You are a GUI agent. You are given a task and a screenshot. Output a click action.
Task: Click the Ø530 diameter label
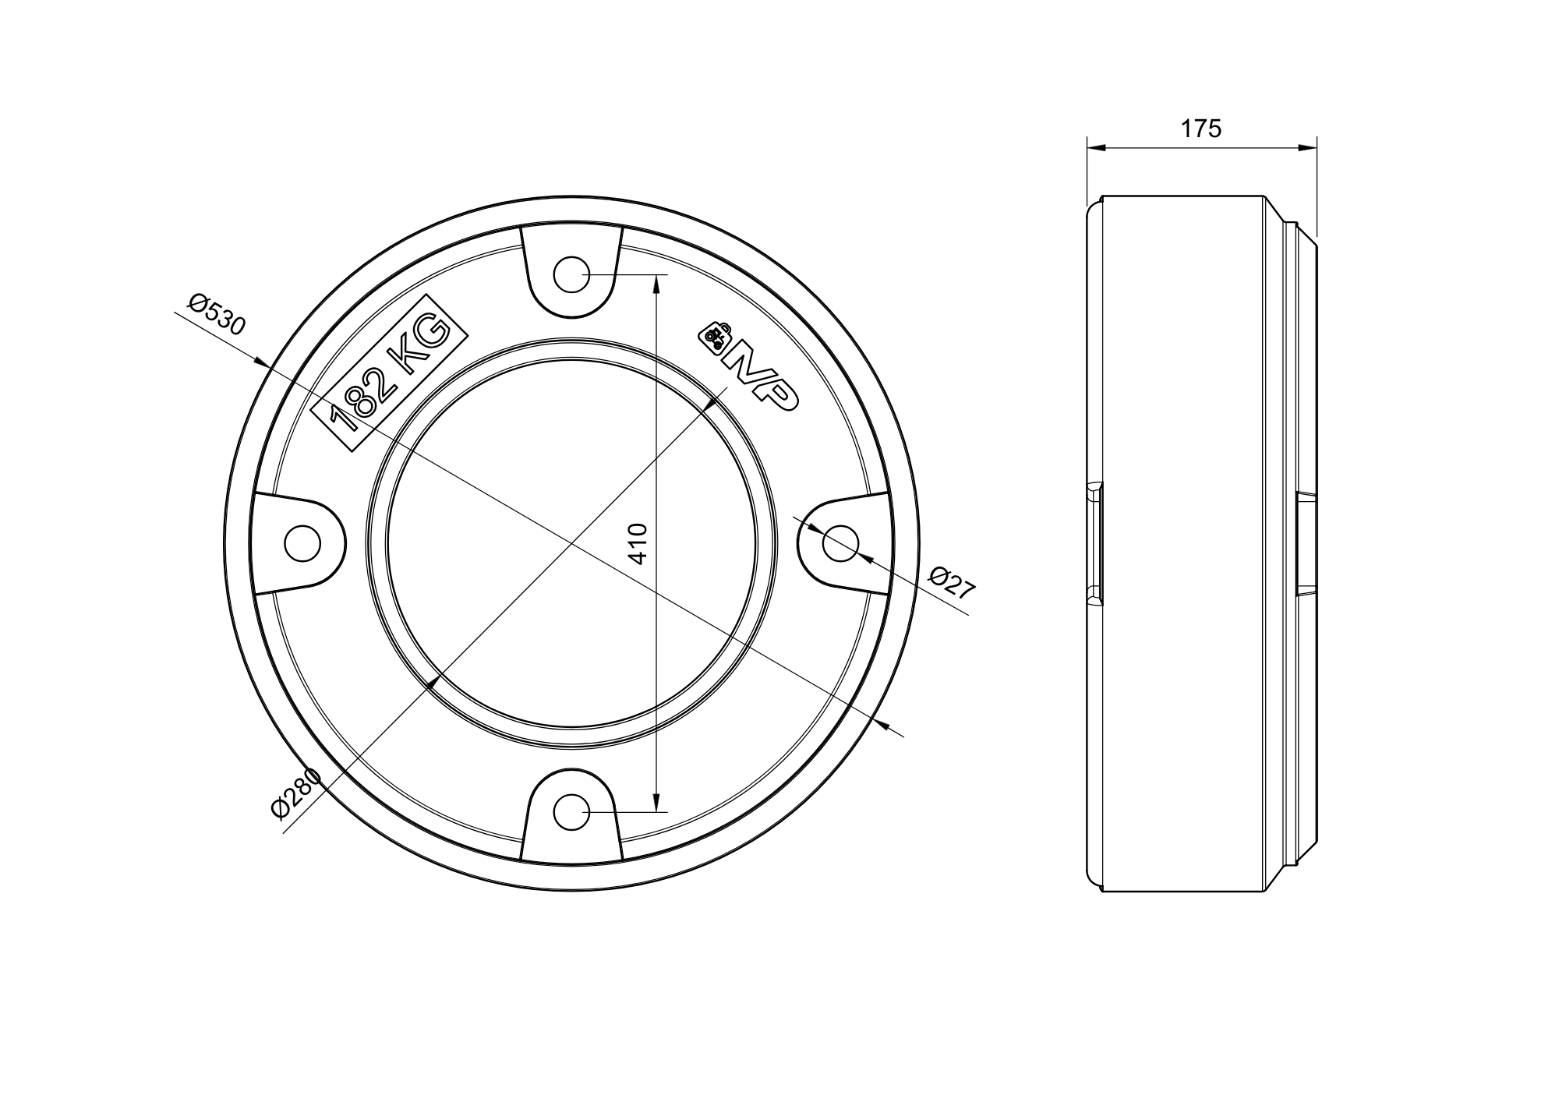217,313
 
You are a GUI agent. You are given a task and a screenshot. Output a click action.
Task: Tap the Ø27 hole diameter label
953,583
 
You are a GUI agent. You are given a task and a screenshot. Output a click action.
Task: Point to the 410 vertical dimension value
638,543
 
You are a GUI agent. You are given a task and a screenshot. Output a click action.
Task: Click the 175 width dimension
1200,129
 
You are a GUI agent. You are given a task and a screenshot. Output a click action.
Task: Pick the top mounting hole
571,274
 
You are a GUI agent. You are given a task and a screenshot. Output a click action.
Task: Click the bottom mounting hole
571,812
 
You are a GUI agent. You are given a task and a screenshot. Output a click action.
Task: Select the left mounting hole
302,543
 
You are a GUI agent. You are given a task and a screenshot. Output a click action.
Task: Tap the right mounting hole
840,543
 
